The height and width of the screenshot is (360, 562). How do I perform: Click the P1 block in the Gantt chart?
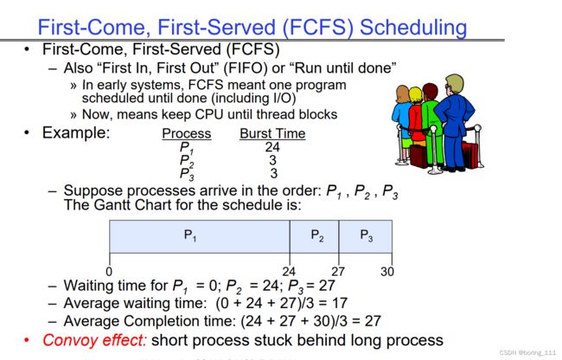(199, 236)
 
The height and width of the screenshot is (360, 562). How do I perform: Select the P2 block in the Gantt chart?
(315, 236)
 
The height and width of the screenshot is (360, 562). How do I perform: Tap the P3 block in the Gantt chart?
(366, 236)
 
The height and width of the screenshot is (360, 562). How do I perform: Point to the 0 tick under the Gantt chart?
(109, 271)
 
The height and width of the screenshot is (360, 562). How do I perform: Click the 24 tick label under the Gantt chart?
(289, 272)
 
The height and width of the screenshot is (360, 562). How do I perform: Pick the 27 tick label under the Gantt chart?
(338, 272)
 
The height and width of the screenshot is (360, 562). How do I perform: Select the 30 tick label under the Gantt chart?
(387, 272)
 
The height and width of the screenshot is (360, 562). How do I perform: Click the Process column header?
(187, 133)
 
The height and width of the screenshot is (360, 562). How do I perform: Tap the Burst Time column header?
(272, 133)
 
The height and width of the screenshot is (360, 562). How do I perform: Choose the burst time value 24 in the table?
(272, 147)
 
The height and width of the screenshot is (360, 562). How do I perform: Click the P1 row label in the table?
(187, 148)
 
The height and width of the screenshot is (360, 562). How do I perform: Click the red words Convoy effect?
(94, 340)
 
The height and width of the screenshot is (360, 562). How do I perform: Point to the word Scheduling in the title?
(413, 28)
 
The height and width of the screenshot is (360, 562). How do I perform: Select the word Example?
(76, 132)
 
